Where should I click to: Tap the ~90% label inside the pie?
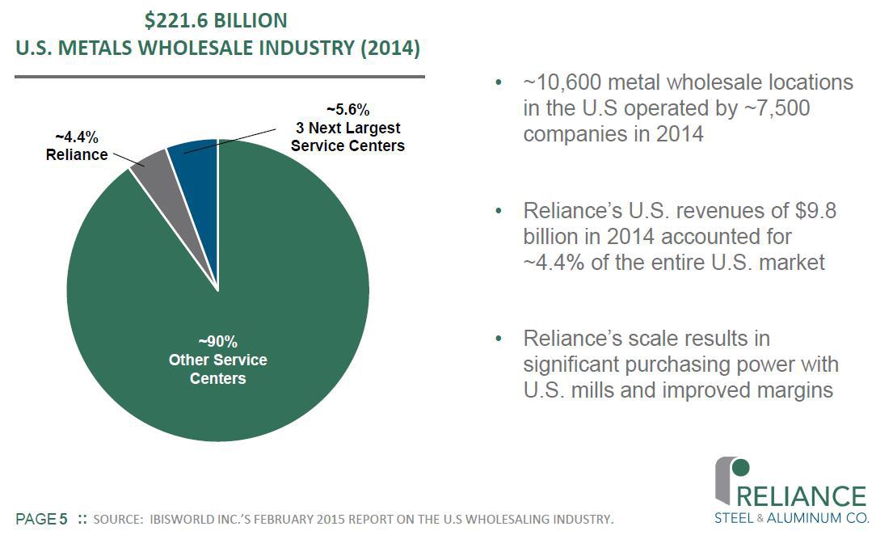[217, 340]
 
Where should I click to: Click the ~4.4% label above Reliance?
[77, 137]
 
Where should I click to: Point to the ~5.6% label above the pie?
[347, 109]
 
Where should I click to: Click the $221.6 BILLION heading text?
[217, 20]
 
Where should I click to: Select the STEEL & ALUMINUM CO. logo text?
[790, 518]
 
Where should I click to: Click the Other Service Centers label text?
[217, 369]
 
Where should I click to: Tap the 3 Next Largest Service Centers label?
[347, 137]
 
